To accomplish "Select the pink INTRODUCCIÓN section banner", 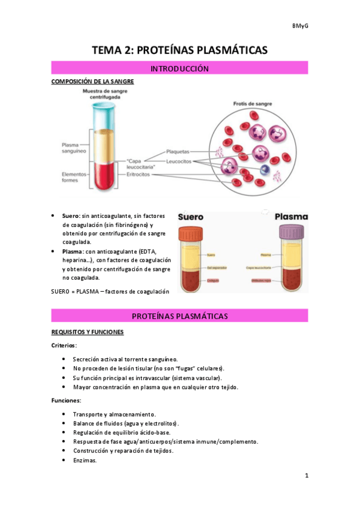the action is [179, 69].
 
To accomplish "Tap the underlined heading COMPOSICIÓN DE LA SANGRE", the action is [92, 82].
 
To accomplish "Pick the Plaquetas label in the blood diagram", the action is [178, 152].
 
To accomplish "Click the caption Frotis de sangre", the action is [253, 104].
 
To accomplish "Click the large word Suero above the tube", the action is [191, 217].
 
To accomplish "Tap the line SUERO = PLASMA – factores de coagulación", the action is [110, 291].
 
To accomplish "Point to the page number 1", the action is [306, 476].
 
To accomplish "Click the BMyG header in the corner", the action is [300, 26].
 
